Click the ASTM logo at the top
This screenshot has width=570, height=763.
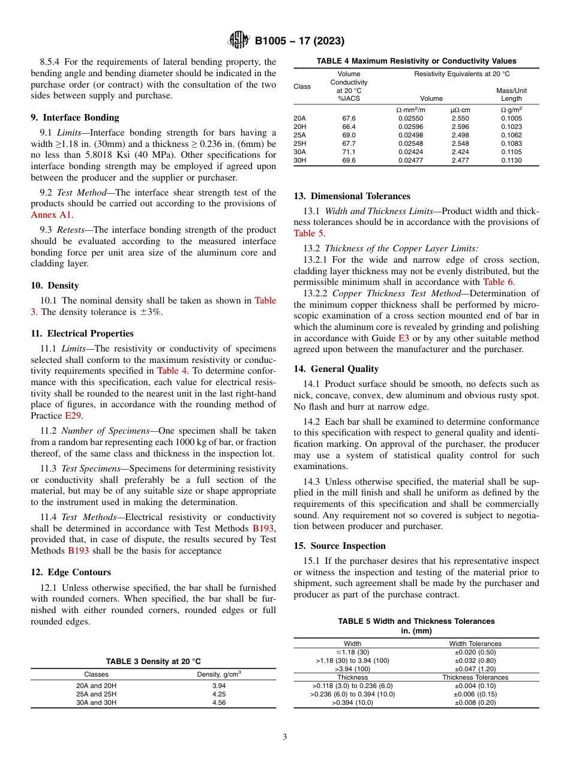click(x=239, y=41)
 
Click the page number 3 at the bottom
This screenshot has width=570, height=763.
click(x=284, y=737)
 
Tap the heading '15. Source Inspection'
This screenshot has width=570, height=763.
click(x=340, y=546)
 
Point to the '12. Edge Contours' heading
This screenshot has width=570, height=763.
click(x=71, y=572)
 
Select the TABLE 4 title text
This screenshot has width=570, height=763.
click(x=416, y=61)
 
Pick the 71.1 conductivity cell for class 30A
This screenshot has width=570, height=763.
click(x=349, y=152)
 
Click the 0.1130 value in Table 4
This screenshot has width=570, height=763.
click(x=511, y=161)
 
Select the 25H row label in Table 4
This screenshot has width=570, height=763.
click(x=299, y=144)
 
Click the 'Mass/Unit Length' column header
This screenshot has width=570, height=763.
click(x=511, y=94)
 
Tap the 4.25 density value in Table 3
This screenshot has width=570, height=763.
click(x=219, y=694)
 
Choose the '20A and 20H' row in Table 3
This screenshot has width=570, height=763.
click(x=96, y=686)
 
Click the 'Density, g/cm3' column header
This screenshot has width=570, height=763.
click(x=219, y=674)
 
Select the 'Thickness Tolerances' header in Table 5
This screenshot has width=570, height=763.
click(x=475, y=677)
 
